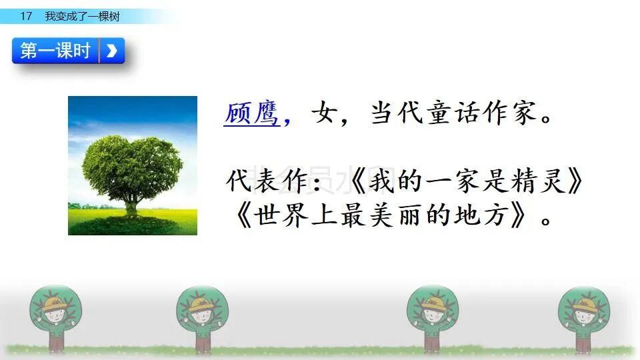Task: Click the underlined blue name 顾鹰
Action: click(x=252, y=113)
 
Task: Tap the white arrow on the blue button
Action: click(x=112, y=51)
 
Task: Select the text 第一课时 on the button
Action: click(x=55, y=51)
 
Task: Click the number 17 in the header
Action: click(x=26, y=16)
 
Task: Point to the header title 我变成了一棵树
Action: click(x=83, y=16)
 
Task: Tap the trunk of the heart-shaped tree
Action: click(x=131, y=207)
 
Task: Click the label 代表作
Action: click(x=267, y=181)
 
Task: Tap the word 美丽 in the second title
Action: click(x=395, y=215)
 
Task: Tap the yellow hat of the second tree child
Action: click(x=201, y=304)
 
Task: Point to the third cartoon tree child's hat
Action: click(x=432, y=304)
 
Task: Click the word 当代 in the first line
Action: click(x=397, y=113)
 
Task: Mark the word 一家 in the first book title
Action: click(x=453, y=181)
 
